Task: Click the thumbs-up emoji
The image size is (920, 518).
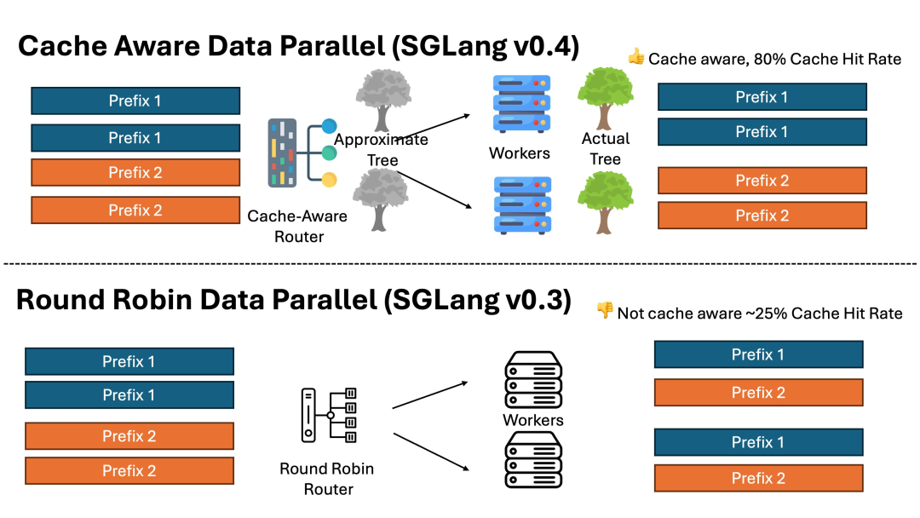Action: tap(636, 57)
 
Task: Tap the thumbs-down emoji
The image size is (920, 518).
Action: tap(605, 311)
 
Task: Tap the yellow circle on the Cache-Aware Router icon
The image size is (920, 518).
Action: tap(329, 180)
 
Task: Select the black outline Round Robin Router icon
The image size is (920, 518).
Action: tap(329, 415)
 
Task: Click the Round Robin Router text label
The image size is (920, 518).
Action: tap(327, 479)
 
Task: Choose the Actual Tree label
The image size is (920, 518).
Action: tap(605, 148)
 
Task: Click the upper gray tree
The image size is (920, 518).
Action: tap(380, 99)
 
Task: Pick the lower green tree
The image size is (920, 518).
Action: tap(605, 201)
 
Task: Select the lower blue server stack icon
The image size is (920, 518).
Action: tap(521, 205)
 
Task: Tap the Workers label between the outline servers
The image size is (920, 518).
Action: tap(533, 420)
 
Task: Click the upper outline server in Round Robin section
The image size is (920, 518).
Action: tap(533, 380)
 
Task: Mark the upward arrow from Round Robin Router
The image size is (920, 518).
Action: tap(431, 394)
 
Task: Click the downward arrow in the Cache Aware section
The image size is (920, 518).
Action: tap(434, 189)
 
